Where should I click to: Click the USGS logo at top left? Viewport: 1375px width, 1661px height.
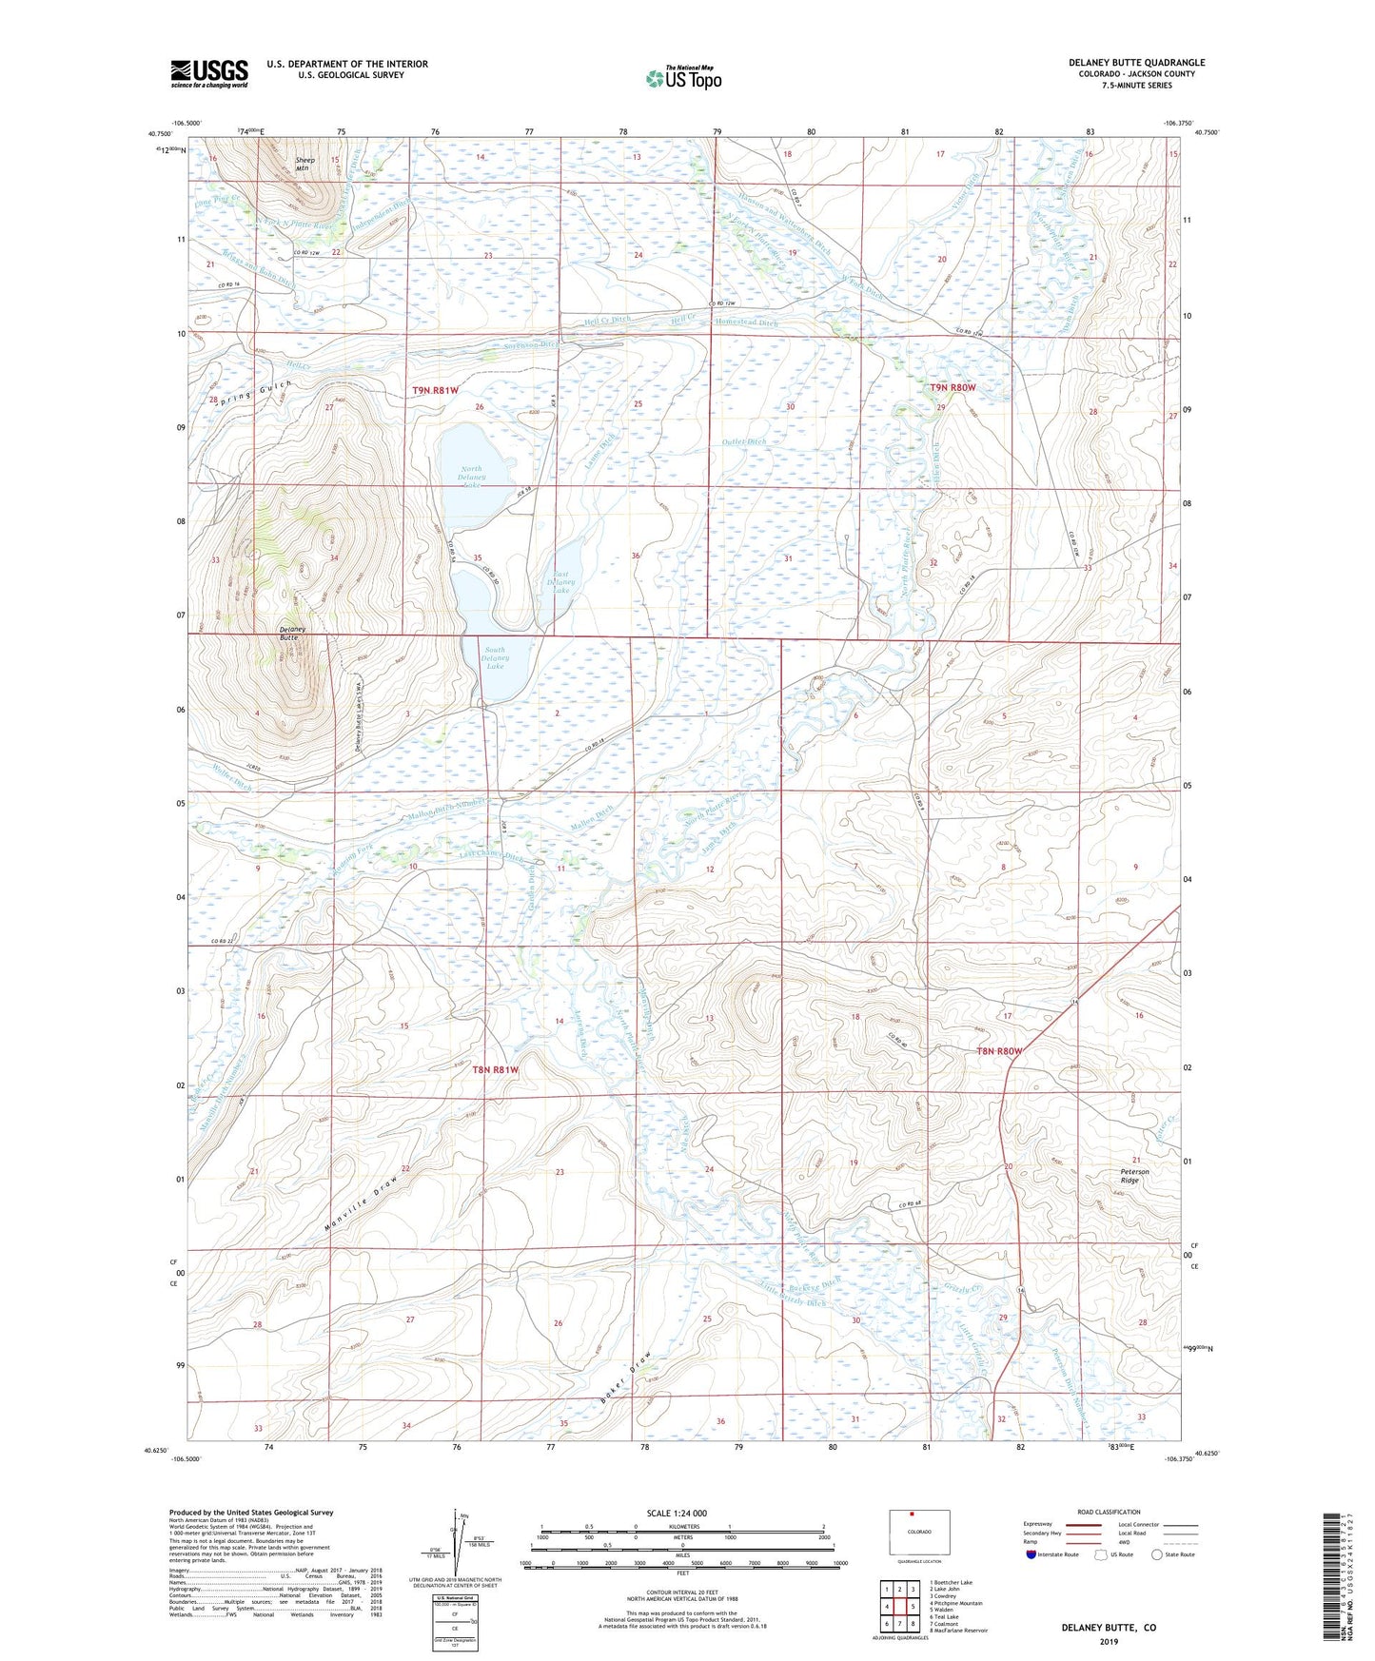208,73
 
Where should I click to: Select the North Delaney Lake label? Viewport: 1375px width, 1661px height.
472,477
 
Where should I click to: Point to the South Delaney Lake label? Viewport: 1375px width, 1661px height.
496,658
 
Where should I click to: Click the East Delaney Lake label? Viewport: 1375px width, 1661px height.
561,582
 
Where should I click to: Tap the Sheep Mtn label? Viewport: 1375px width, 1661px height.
304,165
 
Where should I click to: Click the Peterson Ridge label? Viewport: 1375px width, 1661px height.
1129,1176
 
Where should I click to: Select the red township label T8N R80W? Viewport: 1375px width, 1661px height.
999,1050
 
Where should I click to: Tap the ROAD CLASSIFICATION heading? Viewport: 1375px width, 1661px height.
1110,1512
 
